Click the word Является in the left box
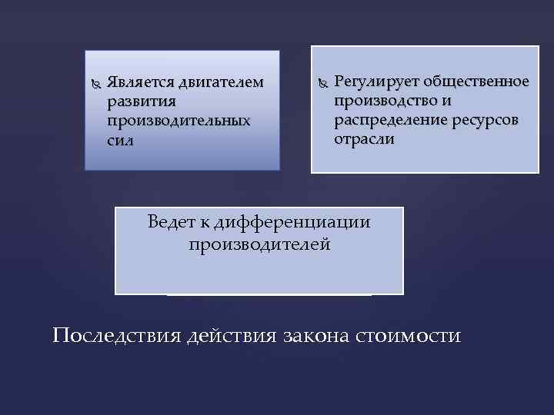pos(140,81)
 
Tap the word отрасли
pos(364,139)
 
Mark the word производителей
pos(259,244)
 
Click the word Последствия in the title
pos(116,336)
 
